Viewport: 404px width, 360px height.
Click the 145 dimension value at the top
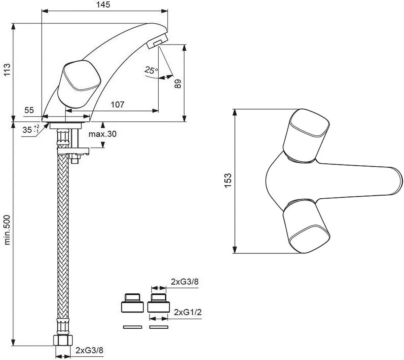[x=104, y=5]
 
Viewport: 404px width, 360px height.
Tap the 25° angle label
[x=151, y=70]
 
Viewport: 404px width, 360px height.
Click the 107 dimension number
[x=117, y=104]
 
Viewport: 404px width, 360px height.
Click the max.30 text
[x=102, y=134]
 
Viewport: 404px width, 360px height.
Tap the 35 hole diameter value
[x=28, y=130]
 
